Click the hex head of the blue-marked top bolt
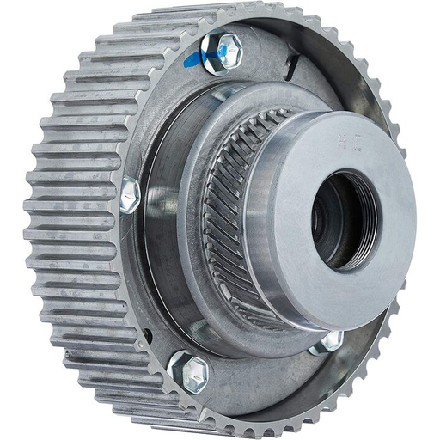[225, 51]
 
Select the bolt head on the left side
[130, 195]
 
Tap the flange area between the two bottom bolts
[258, 378]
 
